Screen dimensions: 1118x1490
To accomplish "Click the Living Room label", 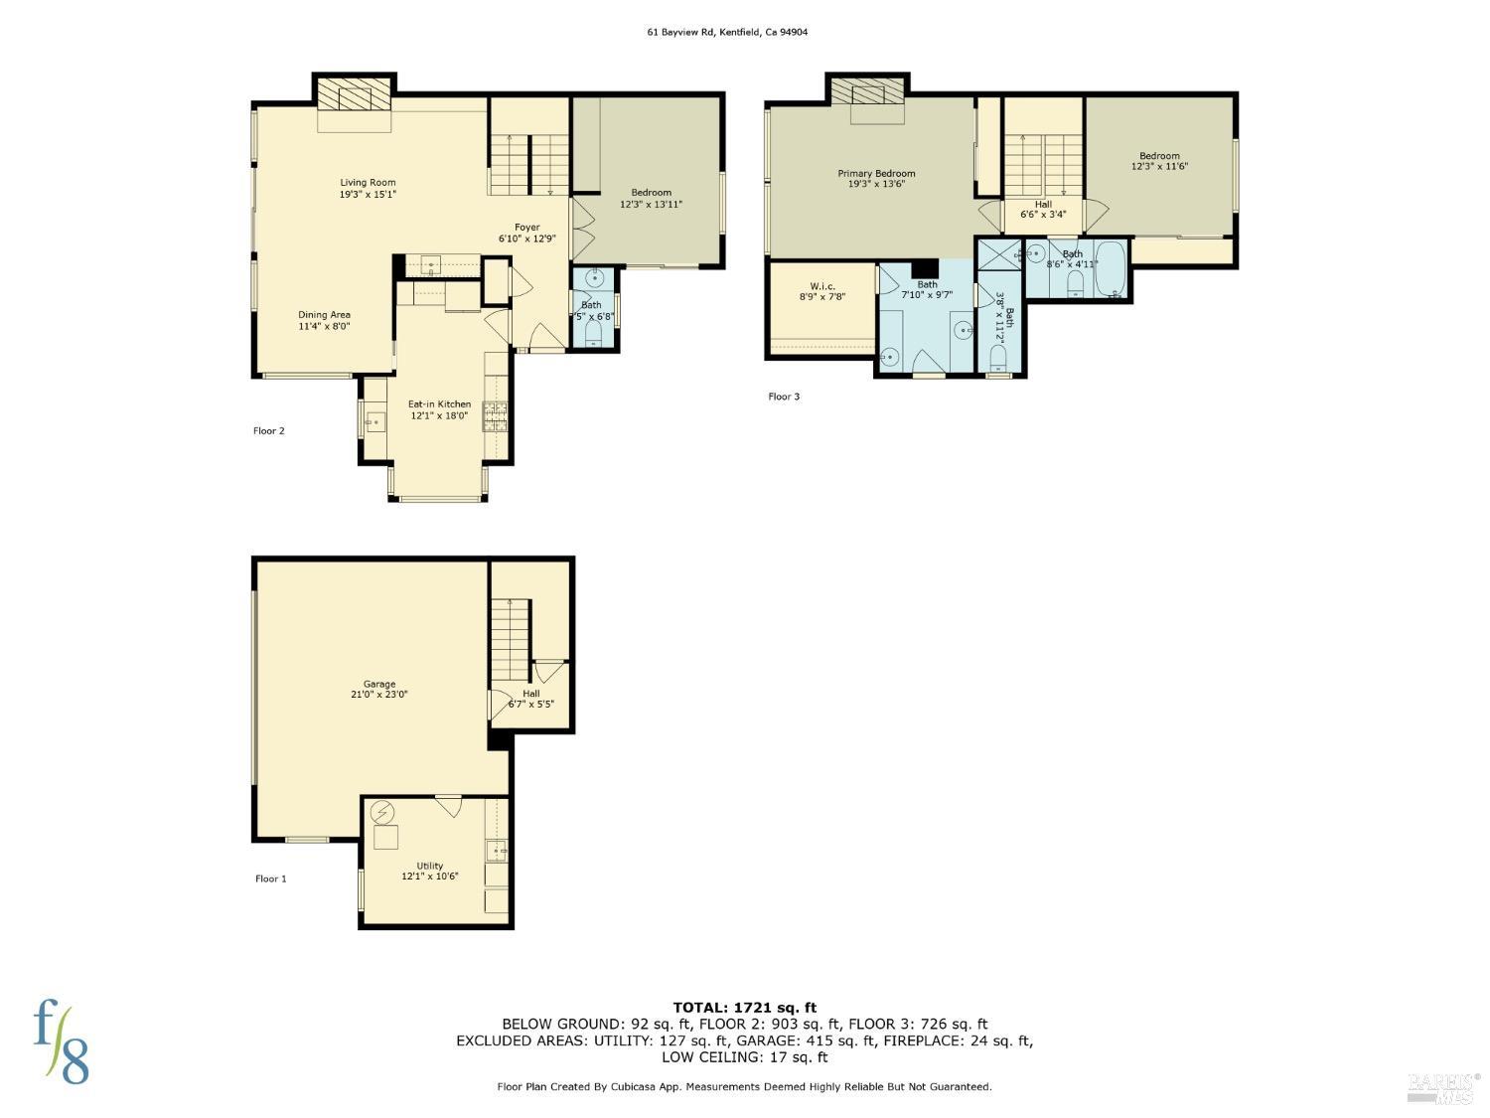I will (x=368, y=183).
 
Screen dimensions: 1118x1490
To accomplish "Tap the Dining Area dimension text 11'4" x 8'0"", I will (x=324, y=327).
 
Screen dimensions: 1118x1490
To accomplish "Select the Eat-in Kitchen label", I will (x=439, y=404).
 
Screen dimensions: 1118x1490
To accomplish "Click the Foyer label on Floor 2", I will (x=526, y=228).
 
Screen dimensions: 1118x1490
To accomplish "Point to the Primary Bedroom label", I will (x=875, y=174).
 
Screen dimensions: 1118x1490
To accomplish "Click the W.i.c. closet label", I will (x=822, y=286).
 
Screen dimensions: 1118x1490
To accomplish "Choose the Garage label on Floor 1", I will (x=378, y=684).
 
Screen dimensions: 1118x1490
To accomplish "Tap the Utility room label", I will (x=429, y=866).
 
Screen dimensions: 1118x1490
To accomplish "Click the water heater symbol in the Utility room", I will (x=382, y=813).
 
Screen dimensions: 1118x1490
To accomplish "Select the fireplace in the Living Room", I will (x=355, y=97).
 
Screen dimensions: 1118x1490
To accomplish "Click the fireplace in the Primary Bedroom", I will (x=868, y=94).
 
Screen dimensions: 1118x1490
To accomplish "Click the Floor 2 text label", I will (x=269, y=431).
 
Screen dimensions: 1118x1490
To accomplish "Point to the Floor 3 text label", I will (x=784, y=397).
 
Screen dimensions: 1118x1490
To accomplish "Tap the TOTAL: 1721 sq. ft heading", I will (x=744, y=1008).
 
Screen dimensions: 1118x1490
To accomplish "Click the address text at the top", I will (x=727, y=32).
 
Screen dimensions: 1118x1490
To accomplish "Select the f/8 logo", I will (x=62, y=1040).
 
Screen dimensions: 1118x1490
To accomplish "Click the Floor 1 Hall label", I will (x=531, y=694).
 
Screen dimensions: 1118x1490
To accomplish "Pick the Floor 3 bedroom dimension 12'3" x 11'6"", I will (x=1159, y=167).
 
